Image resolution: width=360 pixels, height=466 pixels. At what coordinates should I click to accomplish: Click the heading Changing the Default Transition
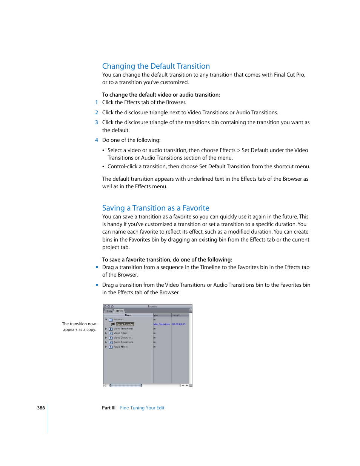point(156,66)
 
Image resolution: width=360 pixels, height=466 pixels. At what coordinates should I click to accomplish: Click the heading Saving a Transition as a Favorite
point(155,208)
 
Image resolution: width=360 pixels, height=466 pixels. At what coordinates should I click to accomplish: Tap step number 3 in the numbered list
point(97,122)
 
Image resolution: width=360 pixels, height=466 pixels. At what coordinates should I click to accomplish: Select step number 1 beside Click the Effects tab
point(97,102)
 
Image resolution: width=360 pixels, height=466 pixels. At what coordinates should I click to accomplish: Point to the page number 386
point(41,408)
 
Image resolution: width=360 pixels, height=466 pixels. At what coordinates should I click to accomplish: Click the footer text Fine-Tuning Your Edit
point(142,408)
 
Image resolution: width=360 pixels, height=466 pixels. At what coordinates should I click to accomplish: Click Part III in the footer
point(109,408)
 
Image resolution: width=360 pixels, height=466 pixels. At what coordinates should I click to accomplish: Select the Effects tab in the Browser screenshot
point(120,311)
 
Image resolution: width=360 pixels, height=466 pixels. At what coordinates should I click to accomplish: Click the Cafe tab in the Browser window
point(109,311)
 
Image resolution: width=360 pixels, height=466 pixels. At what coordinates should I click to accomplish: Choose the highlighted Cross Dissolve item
point(125,324)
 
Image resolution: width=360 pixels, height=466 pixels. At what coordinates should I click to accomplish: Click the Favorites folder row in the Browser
point(118,320)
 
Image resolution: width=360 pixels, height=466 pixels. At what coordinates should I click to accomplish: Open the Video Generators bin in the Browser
point(123,338)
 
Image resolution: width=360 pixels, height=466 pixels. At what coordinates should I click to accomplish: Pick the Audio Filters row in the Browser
point(121,347)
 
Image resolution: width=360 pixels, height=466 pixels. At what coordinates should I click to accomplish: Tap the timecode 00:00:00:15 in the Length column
point(179,324)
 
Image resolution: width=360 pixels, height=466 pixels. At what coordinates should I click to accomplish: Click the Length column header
point(177,315)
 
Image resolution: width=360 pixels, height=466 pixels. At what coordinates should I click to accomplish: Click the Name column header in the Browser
point(128,315)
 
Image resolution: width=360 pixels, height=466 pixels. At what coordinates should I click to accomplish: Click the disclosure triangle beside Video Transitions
point(106,329)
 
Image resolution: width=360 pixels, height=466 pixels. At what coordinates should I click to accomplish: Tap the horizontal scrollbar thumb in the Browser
point(126,385)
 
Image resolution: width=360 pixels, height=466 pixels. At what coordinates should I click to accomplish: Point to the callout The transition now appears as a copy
point(79,327)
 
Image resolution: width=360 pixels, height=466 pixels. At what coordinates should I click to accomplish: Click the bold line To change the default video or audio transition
point(161,95)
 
